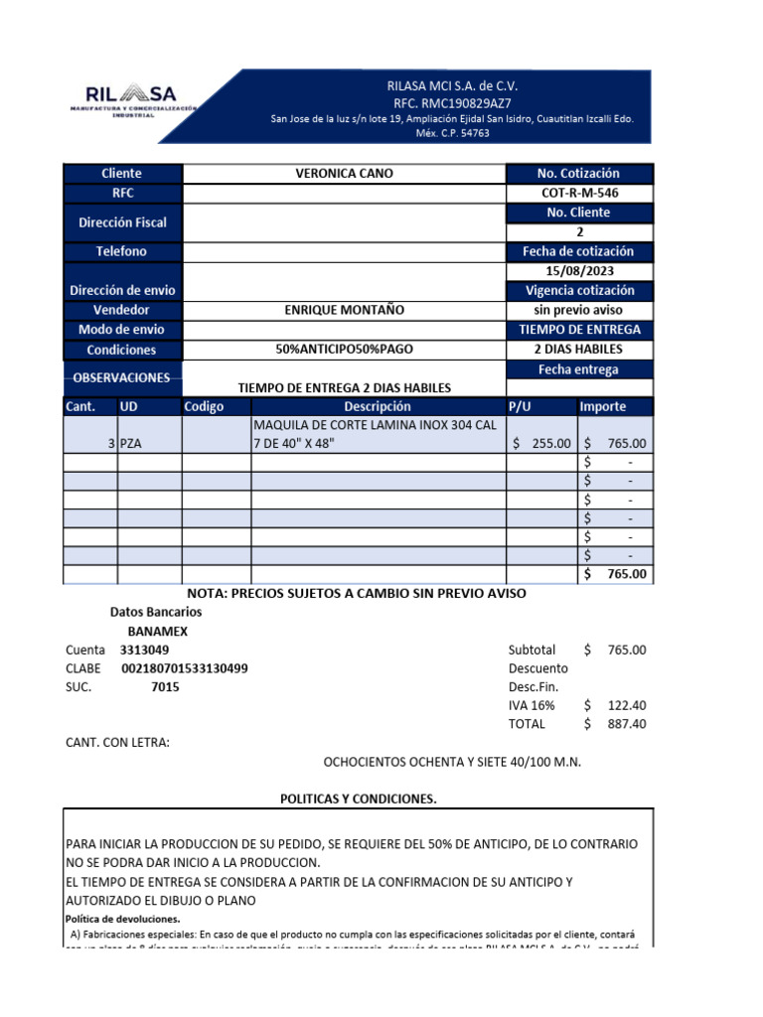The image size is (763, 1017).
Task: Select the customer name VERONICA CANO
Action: coord(344,174)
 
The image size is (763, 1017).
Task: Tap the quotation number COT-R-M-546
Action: coord(580,194)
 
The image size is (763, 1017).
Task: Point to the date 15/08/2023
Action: coord(580,271)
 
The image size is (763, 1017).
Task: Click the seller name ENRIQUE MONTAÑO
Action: coord(344,310)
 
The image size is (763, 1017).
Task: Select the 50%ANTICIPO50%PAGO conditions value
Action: coord(344,350)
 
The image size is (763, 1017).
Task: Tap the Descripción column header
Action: coord(377,407)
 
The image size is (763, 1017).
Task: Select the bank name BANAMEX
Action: coord(158,631)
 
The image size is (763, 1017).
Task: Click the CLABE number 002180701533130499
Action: coord(185,668)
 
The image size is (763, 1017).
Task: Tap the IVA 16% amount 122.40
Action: coord(627,705)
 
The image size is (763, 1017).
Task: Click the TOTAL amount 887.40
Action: coord(627,724)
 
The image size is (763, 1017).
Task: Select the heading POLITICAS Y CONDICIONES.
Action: coord(358,799)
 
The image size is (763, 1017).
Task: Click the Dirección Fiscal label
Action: coord(122,222)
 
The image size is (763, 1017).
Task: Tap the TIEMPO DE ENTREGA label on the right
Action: coord(580,330)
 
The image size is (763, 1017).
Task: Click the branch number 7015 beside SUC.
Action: coord(165,687)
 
